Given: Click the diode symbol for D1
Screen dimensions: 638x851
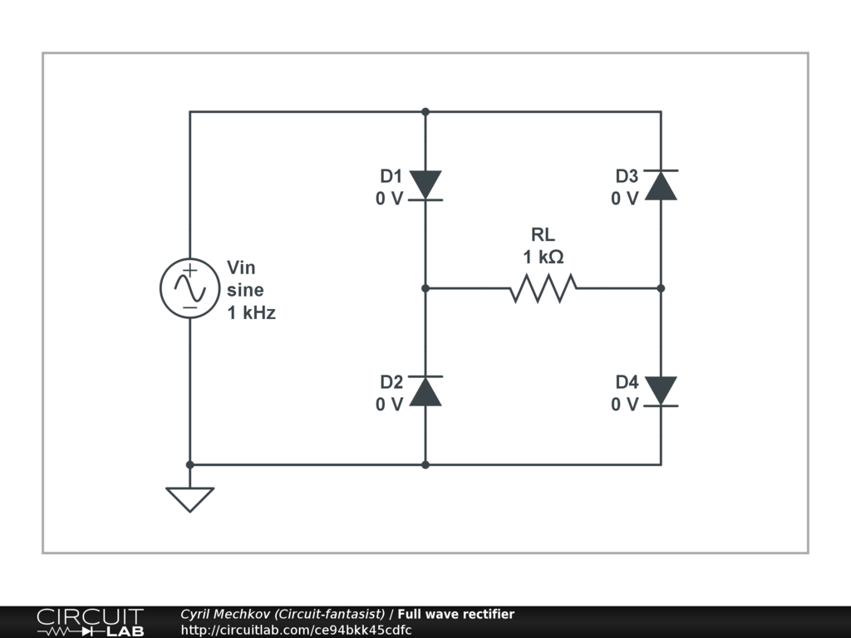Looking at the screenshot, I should [x=425, y=185].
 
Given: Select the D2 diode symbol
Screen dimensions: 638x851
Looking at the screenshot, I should [x=425, y=390].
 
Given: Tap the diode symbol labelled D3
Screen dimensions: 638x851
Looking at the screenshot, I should [x=661, y=185].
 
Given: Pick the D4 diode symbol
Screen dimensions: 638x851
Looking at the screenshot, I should [x=661, y=390].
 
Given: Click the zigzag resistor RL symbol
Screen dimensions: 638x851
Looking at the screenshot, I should [x=543, y=288].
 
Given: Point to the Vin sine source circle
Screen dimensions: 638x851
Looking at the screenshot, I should [x=189, y=287].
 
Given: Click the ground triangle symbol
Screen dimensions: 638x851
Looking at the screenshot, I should [x=189, y=498].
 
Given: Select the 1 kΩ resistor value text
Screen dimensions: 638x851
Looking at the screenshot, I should [x=544, y=258].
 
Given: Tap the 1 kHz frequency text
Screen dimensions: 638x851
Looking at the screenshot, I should [x=251, y=313].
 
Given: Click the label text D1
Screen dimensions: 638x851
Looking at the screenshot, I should [x=391, y=176].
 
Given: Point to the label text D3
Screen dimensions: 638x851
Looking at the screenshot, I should [x=627, y=176].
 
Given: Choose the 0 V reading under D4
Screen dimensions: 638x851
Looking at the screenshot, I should [x=625, y=405].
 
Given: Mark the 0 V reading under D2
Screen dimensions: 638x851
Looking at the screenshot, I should [x=389, y=405].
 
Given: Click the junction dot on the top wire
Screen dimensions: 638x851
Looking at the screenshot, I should [x=425, y=111].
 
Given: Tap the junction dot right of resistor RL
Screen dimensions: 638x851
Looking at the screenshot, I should [x=661, y=288].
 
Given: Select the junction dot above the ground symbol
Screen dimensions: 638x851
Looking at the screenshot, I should [x=189, y=464].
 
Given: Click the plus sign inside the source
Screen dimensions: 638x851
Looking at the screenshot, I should [x=189, y=270].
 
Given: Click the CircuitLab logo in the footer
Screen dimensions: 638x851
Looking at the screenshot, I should [x=90, y=622].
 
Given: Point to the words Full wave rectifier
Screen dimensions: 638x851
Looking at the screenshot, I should [x=455, y=615].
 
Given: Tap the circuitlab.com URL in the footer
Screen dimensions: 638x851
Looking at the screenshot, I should [x=296, y=630].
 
